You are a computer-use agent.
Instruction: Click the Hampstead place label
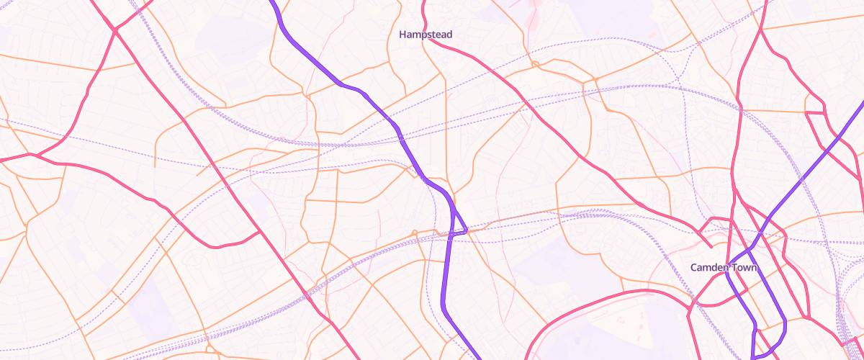pos(426,35)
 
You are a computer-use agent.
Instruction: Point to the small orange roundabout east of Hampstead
pos(535,66)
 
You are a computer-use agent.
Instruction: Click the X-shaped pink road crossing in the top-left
pos(114,30)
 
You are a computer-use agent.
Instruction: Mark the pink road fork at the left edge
pos(34,154)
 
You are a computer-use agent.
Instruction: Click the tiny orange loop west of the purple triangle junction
pos(415,232)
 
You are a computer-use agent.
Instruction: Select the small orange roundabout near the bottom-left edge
pos(207,338)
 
